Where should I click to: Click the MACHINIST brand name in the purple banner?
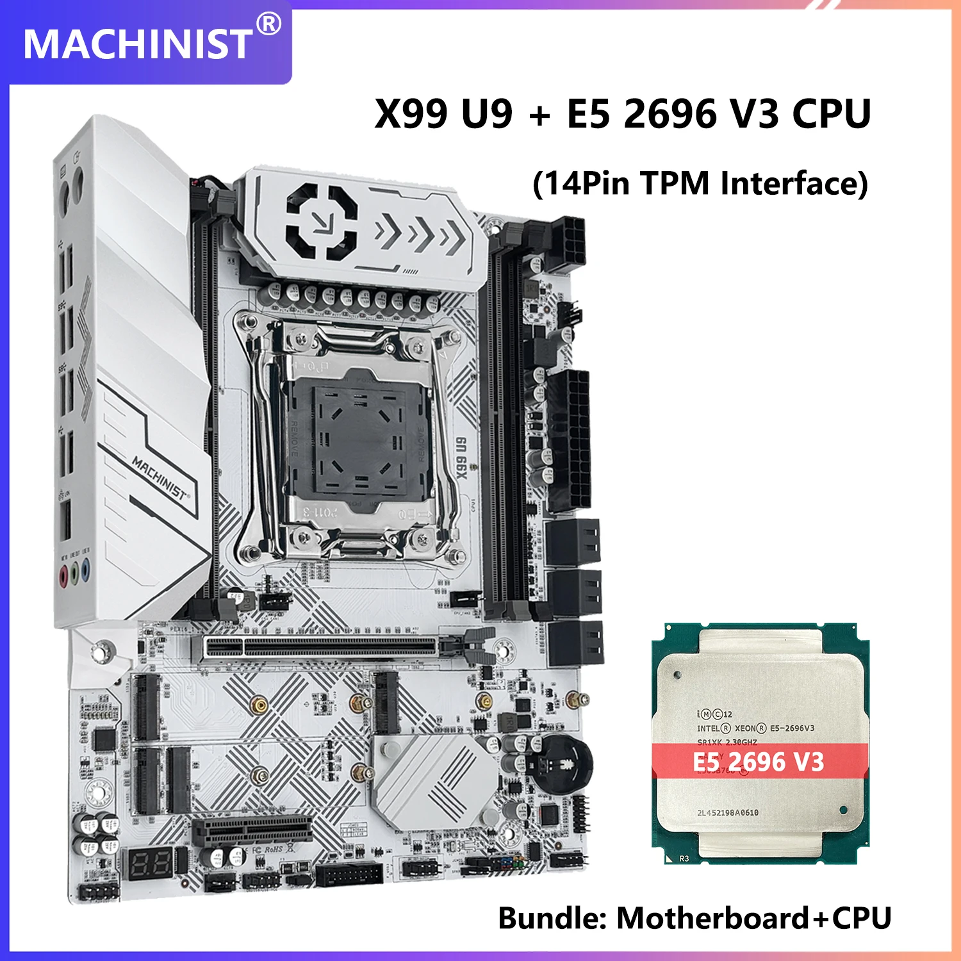(x=137, y=44)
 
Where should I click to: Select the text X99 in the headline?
(x=411, y=114)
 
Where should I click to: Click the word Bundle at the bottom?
(x=552, y=918)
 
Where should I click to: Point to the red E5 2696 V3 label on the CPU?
(x=759, y=762)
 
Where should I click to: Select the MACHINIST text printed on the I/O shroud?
(x=160, y=477)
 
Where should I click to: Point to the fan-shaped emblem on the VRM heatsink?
(x=320, y=222)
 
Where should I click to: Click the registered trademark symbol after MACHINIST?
(x=269, y=24)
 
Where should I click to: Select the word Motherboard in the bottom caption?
(x=712, y=918)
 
